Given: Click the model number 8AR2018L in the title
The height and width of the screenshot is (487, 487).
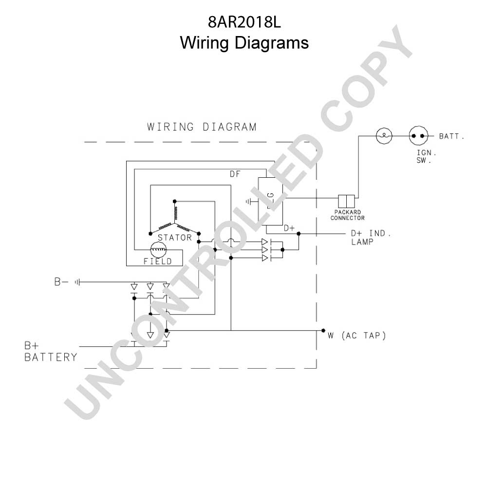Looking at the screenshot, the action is [244, 22].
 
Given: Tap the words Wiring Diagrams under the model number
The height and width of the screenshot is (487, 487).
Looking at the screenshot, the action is [244, 42].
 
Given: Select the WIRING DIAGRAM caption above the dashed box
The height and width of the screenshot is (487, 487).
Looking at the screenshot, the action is [202, 127].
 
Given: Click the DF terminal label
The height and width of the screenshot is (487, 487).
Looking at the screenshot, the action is [235, 174].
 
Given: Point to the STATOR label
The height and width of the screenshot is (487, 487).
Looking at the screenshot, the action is [175, 238].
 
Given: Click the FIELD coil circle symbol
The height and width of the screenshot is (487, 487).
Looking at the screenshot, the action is [158, 250].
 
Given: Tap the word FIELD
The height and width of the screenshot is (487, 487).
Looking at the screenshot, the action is [158, 261].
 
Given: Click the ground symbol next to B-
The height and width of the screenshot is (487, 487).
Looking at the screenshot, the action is [77, 282].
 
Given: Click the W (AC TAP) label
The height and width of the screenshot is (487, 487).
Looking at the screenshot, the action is [357, 336].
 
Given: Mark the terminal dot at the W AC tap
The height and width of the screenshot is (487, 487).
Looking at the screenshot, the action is [323, 331].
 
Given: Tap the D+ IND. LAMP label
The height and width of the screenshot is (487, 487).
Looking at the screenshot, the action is [371, 238].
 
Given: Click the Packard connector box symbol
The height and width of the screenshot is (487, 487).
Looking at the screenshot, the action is [346, 201].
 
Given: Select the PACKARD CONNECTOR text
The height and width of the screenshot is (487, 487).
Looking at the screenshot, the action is [348, 215].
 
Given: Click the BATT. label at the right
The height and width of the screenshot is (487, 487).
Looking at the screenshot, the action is [451, 136].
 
